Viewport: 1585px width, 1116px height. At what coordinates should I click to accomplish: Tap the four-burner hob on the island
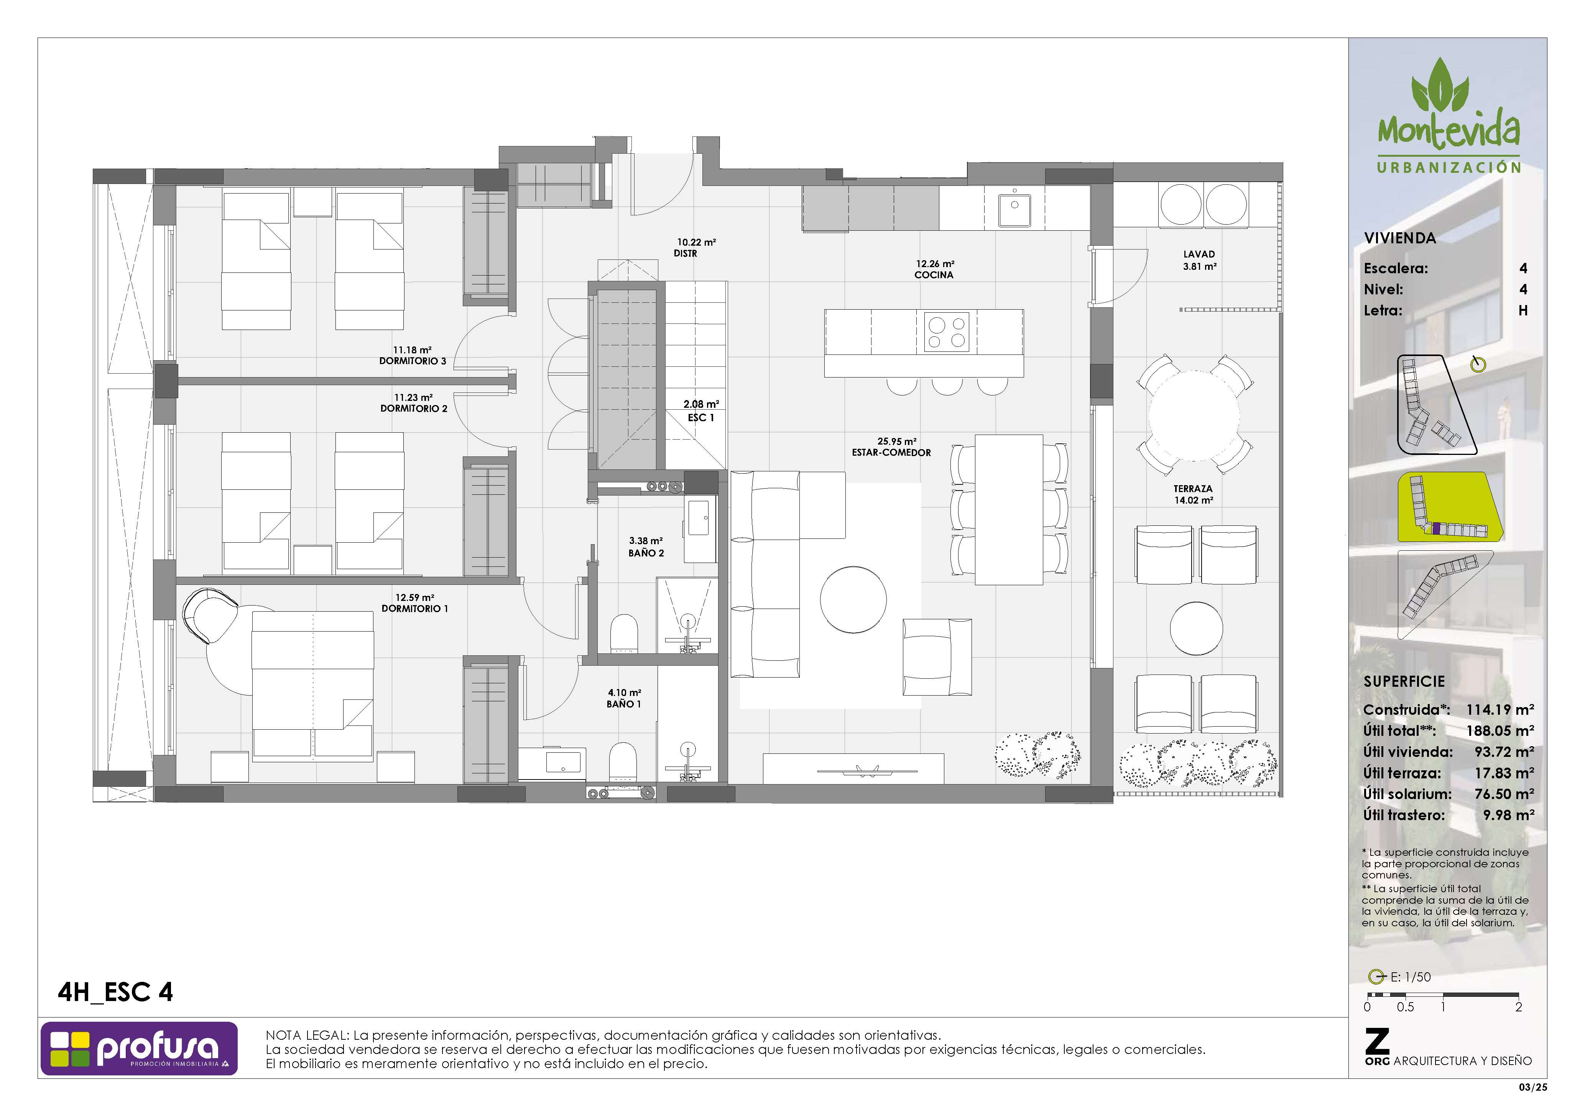pyautogui.click(x=947, y=332)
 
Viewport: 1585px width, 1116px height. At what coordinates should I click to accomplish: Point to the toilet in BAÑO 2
pyautogui.click(x=624, y=633)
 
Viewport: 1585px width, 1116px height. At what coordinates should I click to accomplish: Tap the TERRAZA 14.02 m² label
pyautogui.click(x=1194, y=494)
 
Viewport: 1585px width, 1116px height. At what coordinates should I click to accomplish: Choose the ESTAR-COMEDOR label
pyautogui.click(x=891, y=453)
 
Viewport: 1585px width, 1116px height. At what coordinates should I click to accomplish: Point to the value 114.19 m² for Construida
pyautogui.click(x=1500, y=709)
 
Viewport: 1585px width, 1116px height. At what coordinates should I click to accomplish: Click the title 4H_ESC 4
pyautogui.click(x=115, y=993)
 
